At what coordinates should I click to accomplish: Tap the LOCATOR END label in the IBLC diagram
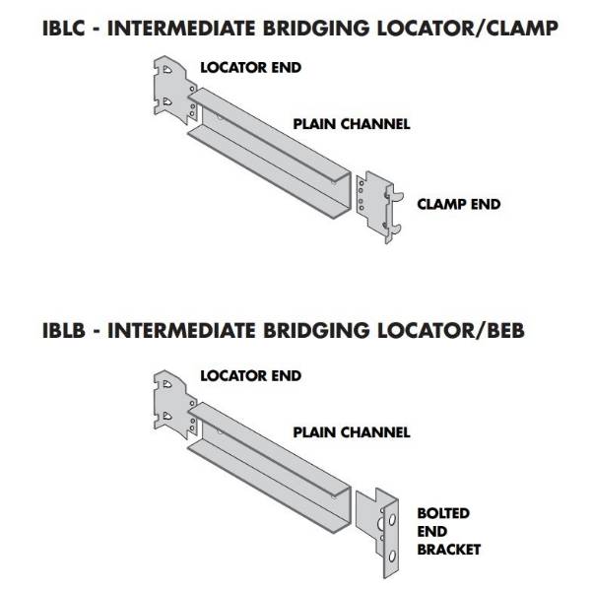[250, 68]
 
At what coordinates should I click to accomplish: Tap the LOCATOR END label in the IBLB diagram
[250, 375]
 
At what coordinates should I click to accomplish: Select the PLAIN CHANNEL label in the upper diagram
[351, 124]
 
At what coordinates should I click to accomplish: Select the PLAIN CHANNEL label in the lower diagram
[351, 431]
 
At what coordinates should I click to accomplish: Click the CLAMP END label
[459, 205]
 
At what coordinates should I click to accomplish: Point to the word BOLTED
[443, 514]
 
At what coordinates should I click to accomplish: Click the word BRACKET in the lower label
[448, 550]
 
